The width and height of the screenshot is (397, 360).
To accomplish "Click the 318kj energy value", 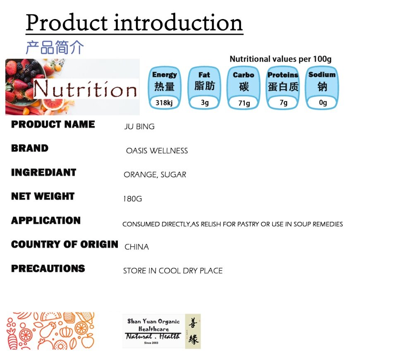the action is click(164, 103).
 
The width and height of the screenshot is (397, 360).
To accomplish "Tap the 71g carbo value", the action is click(244, 103).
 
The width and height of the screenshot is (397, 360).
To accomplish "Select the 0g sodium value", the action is click(323, 103).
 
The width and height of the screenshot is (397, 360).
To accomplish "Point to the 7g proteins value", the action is click(284, 103).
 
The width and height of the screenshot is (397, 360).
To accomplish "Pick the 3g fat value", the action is click(205, 103).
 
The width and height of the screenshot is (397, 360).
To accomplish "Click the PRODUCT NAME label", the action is click(53, 124).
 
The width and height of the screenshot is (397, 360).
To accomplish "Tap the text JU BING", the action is click(139, 127).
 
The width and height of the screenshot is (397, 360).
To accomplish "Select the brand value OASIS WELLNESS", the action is click(157, 151).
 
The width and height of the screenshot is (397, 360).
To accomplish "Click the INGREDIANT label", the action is click(43, 172).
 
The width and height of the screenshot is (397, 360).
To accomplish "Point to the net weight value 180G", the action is click(132, 199).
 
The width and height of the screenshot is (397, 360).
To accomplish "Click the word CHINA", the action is click(137, 247).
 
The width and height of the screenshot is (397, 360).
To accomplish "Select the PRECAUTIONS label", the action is click(48, 269).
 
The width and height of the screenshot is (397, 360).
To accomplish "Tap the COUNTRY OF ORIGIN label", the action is click(65, 245).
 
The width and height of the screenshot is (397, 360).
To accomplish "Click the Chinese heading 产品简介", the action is click(55, 47).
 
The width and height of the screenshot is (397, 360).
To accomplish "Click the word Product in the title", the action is click(67, 23).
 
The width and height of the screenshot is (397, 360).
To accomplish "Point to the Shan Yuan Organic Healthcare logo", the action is click(162, 331).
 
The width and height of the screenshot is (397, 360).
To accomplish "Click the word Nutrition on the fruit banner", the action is click(85, 89).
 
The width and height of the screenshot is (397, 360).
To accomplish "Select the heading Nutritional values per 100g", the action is click(280, 59).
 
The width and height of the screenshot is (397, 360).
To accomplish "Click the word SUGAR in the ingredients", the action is click(173, 175).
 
